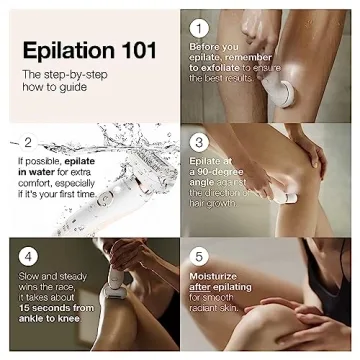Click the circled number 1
(199, 29)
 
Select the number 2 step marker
(27, 140)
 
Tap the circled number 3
(199, 142)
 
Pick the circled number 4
(29, 255)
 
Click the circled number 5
(199, 256)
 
